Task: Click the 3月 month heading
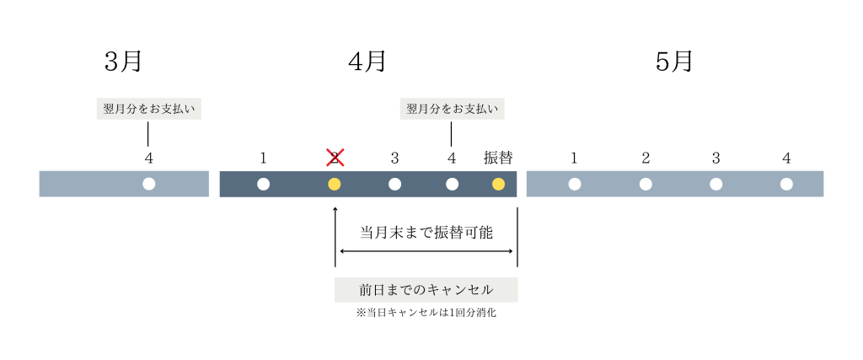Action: pos(123,62)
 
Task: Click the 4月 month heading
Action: pos(367,62)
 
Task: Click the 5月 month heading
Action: pos(674,62)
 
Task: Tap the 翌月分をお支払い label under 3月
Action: pos(148,109)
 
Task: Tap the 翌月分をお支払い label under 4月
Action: pos(452,109)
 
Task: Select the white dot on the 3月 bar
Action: pos(149,184)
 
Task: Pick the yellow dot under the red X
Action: pos(335,184)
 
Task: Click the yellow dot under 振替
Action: pos(498,184)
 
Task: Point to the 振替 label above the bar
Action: pos(498,158)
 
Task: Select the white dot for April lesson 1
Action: pos(263,184)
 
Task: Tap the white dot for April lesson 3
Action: pos(394,184)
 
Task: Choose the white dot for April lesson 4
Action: pos(452,184)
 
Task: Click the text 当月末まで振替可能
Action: pos(426,232)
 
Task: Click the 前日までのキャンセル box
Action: pos(426,289)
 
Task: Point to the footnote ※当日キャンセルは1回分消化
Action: pos(426,312)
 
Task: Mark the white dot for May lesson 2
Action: pos(646,184)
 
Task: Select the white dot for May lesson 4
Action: pos(786,184)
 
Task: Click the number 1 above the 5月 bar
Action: pos(574,158)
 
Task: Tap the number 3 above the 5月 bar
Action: pos(716,158)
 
